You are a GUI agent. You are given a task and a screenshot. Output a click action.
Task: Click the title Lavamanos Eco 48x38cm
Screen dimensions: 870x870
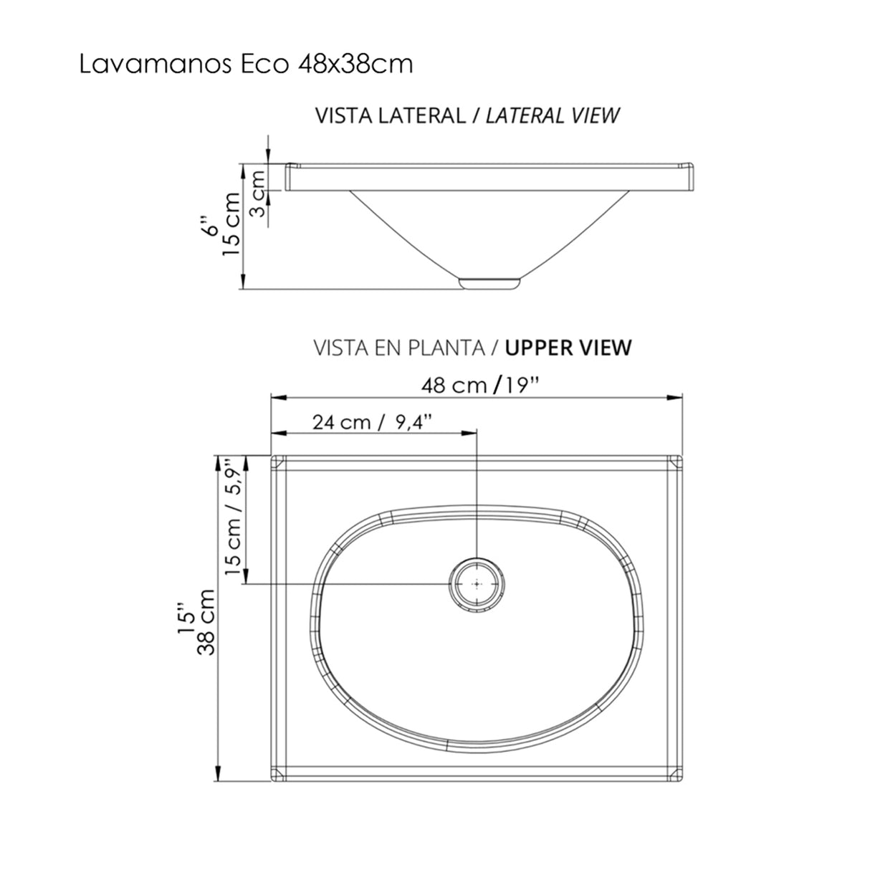point(246,64)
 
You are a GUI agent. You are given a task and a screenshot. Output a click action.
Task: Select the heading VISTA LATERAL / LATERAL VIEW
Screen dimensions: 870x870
point(467,115)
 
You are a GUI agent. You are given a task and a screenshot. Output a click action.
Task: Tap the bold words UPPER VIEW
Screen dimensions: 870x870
point(568,348)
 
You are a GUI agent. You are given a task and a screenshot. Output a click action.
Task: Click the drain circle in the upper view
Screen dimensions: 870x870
point(477,584)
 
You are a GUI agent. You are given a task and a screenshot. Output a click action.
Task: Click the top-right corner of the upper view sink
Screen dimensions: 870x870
point(679,459)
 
